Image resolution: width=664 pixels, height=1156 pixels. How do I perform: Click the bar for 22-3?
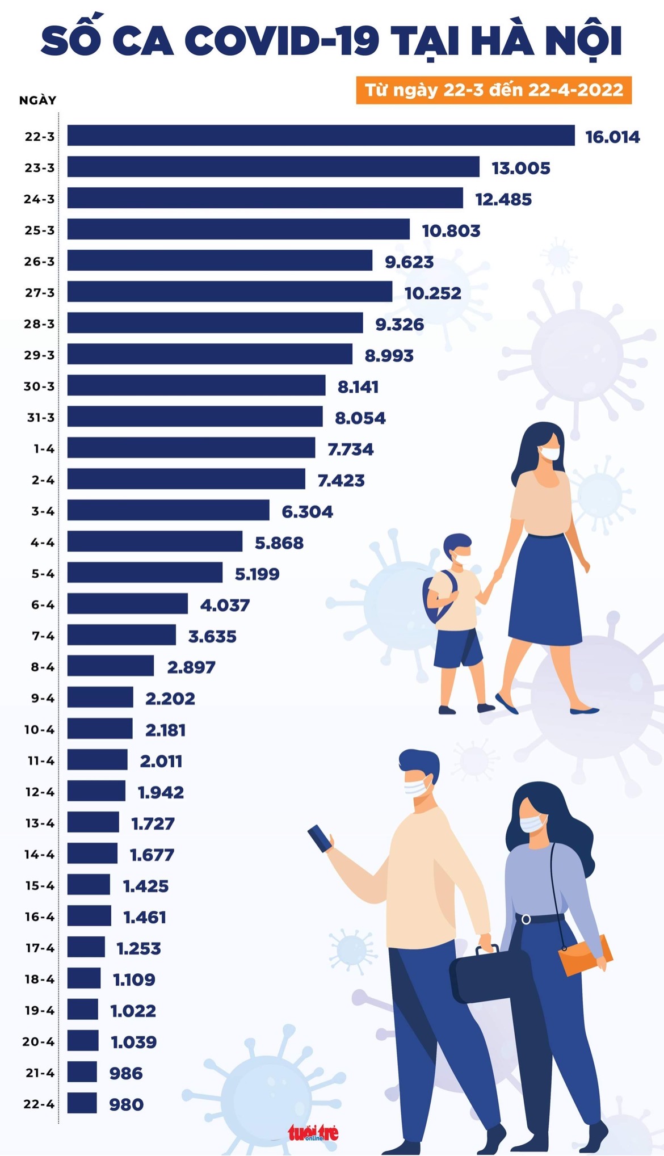click(x=321, y=136)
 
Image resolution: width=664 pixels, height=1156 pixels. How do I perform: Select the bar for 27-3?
click(x=230, y=292)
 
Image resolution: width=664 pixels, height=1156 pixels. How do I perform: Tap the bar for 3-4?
click(x=168, y=510)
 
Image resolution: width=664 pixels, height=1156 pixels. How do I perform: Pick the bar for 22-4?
click(x=82, y=1103)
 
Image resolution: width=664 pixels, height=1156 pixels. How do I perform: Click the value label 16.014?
click(x=612, y=137)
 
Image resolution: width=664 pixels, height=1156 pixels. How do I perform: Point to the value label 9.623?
click(x=409, y=262)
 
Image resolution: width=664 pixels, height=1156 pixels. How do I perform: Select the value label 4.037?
click(x=225, y=605)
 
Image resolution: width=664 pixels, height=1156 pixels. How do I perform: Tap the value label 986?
click(x=126, y=1073)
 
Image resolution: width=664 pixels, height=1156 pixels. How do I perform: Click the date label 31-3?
click(x=41, y=418)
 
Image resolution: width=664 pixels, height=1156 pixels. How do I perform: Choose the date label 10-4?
click(x=39, y=730)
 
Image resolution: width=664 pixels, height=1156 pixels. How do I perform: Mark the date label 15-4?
click(x=40, y=886)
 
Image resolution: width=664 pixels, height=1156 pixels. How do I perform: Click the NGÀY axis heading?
click(x=38, y=100)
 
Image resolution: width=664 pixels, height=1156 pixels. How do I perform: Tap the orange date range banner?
click(x=494, y=90)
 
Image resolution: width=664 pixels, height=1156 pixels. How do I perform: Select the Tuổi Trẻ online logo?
click(x=313, y=1133)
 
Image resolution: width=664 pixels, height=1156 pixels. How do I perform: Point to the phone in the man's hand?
click(x=320, y=838)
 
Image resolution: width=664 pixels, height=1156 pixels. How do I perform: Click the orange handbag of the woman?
click(x=585, y=955)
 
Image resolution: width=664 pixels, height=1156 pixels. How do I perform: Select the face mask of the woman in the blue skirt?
click(x=549, y=453)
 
